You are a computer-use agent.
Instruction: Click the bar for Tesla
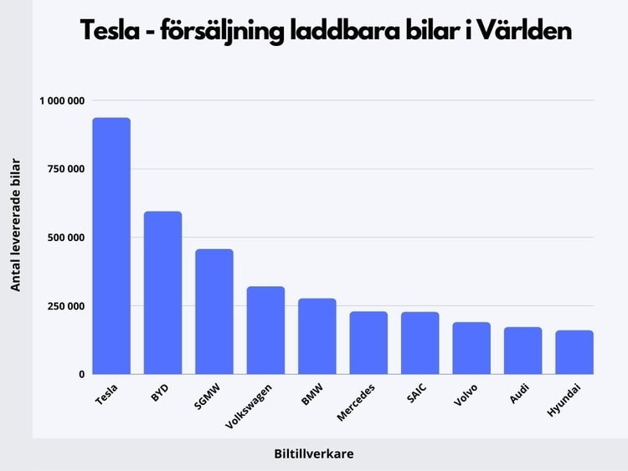pos(111,246)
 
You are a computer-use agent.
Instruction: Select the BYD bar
pos(162,293)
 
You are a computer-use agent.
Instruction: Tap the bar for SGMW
pos(214,312)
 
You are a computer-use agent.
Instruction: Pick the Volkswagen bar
pos(265,330)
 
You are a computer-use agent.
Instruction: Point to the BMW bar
pos(317,336)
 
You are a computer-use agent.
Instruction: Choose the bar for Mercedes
pos(368,343)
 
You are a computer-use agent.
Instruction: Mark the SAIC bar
pos(420,343)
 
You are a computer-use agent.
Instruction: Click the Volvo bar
pos(471,348)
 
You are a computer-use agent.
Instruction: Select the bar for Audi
pos(523,351)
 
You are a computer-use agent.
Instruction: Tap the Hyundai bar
pos(574,352)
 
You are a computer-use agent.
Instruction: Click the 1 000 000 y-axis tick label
pos(62,101)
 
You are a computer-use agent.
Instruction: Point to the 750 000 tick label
pos(66,169)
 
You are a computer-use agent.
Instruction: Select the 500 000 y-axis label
pos(66,238)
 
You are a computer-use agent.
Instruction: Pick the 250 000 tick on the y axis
pos(66,306)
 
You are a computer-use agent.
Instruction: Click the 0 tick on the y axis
pos(82,375)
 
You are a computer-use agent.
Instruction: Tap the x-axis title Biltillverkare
pos(314,453)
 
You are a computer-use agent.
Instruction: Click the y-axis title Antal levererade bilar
pos(15,225)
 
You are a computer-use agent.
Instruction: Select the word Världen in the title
pos(524,30)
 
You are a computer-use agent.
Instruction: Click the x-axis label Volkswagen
pos(249,407)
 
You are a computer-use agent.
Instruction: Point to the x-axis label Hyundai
pos(564,400)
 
